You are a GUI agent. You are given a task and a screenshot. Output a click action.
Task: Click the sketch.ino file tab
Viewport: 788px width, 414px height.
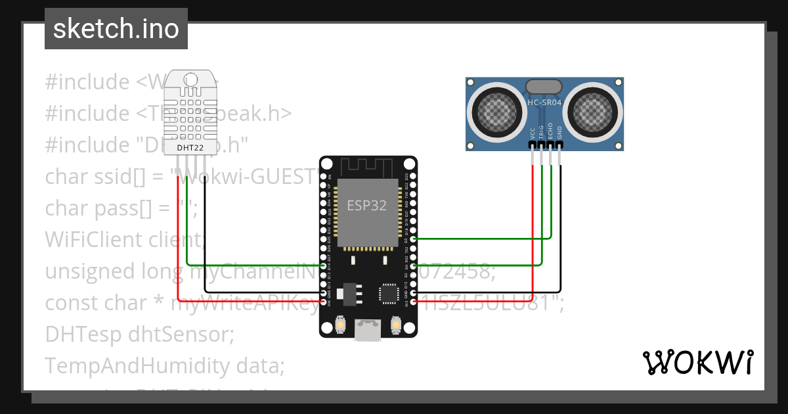116,29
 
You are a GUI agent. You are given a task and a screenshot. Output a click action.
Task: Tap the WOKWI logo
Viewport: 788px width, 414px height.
697,362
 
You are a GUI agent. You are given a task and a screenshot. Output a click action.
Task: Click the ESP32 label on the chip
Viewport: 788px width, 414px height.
367,205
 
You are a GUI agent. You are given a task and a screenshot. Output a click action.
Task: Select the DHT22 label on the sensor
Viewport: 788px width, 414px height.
190,149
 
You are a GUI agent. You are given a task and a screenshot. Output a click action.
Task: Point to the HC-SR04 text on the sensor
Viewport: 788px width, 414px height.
544,103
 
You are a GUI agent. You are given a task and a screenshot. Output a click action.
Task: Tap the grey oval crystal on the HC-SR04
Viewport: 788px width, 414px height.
544,86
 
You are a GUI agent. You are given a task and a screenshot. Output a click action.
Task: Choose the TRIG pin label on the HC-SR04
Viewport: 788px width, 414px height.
542,131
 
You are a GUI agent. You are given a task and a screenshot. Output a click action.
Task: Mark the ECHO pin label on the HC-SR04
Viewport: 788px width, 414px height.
550,131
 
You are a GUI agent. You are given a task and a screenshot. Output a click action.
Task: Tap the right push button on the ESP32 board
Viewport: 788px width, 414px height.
395,324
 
